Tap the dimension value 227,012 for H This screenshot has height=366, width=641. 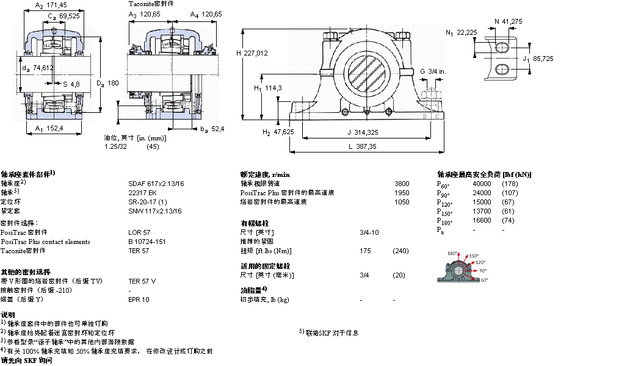(256, 53)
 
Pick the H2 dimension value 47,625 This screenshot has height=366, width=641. (283, 132)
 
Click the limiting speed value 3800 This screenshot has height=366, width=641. (402, 183)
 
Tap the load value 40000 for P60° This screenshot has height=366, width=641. (482, 184)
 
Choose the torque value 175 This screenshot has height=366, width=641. (365, 251)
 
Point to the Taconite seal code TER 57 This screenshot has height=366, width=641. (139, 251)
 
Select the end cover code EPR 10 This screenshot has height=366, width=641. (138, 300)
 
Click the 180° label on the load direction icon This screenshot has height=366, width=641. (452, 253)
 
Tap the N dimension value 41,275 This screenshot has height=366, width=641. (512, 21)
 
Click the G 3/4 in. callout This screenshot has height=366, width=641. (432, 71)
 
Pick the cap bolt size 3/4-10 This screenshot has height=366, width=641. (369, 232)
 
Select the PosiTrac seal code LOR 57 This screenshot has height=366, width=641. (139, 232)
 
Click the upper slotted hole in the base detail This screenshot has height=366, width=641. (501, 48)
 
